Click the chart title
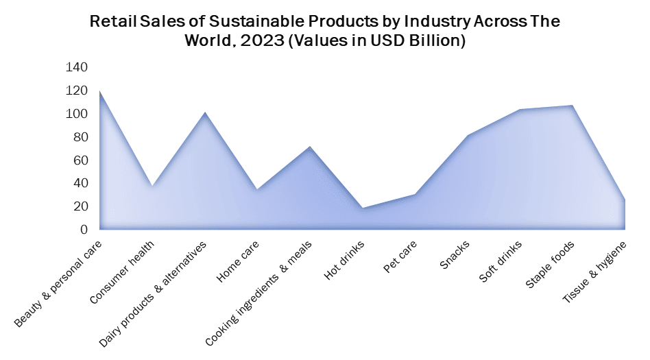pos(325,31)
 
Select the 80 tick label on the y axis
pos(80,137)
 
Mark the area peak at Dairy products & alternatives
pos(205,112)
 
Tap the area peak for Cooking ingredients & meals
pos(310,147)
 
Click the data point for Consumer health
pos(152,187)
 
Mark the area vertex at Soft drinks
pos(520,110)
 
